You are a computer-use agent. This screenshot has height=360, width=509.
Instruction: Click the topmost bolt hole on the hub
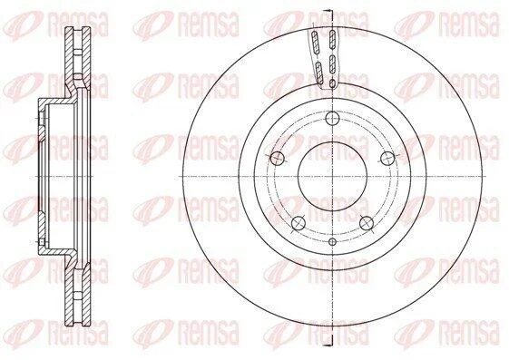(x=332, y=118)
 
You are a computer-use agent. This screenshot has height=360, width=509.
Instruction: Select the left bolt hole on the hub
(x=277, y=159)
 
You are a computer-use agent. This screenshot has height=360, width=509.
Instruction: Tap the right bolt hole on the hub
(x=387, y=159)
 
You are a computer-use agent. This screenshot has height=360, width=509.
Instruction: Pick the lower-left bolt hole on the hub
(x=299, y=223)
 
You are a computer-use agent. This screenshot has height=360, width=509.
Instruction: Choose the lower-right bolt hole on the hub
(x=367, y=223)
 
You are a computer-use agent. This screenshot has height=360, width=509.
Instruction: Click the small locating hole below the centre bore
(x=332, y=241)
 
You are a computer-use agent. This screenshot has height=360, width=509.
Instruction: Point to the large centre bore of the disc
(x=332, y=176)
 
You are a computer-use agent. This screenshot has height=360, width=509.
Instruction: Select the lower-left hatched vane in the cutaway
(x=319, y=73)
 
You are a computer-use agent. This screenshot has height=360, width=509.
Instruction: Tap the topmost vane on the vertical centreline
(x=332, y=40)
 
